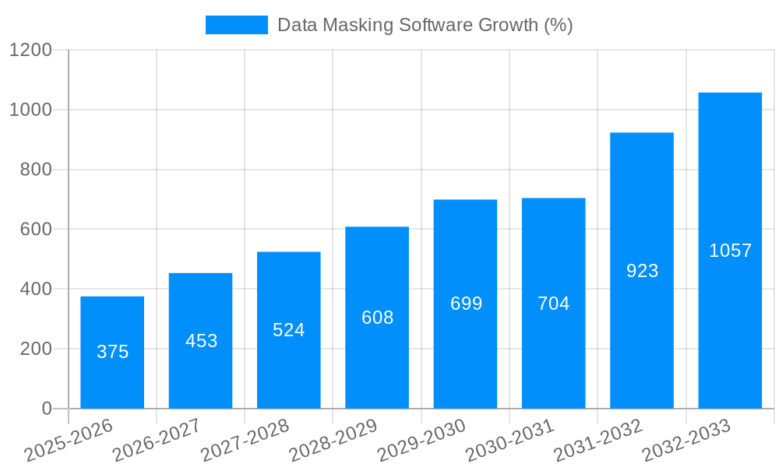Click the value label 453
[201, 341]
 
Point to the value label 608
[377, 318]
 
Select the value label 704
[553, 304]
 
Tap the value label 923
[642, 271]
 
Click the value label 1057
[730, 251]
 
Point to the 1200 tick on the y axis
[30, 51]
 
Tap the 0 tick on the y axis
[46, 409]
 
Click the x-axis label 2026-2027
[157, 440]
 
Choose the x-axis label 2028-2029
[333, 440]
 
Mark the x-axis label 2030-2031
[510, 440]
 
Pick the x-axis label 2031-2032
[598, 440]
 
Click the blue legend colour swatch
[236, 25]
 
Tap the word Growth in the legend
[508, 25]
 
